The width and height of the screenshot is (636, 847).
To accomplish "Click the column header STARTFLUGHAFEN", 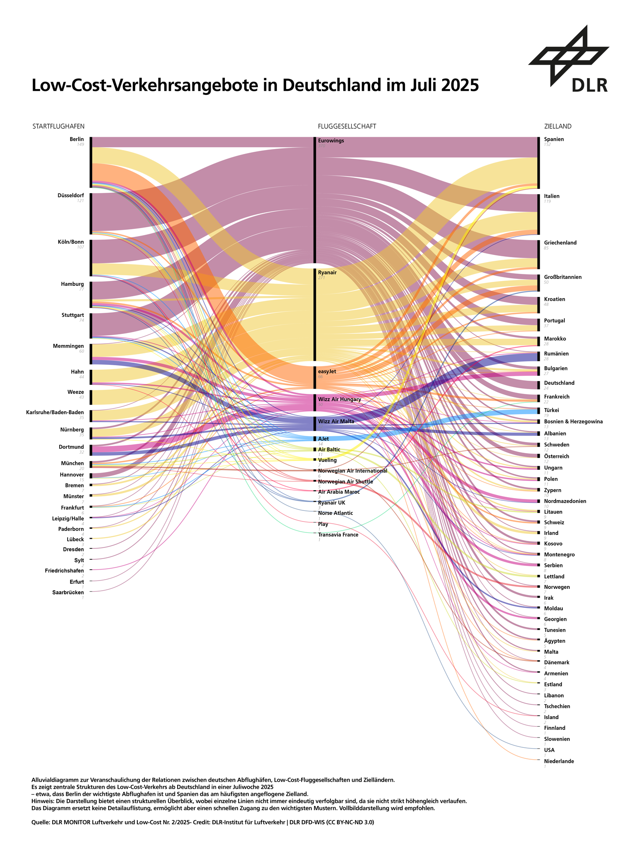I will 58,127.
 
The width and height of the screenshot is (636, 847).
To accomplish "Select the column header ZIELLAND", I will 557,127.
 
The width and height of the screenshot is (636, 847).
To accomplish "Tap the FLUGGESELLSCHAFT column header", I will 347,127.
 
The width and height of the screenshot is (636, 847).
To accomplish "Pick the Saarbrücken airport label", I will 68,592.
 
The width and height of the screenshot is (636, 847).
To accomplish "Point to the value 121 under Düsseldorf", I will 80,201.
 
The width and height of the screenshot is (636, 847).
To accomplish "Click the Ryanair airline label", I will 327,273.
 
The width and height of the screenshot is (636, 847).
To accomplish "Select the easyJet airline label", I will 327,371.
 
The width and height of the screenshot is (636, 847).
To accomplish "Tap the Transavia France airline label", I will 338,535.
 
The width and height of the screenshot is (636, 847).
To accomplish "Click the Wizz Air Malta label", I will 336,421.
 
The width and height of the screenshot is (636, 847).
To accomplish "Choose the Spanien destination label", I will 554,139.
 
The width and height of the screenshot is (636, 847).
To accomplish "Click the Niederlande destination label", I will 559,761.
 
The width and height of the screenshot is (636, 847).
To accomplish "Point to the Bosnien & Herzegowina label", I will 573,422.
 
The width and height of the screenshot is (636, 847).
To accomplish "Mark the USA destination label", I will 549,750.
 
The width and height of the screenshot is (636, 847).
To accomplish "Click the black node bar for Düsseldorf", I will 91,214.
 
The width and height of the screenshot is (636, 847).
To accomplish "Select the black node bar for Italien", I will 538,214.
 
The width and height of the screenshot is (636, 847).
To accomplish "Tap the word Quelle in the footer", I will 40,823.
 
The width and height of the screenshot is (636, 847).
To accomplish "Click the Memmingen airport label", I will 68,346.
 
